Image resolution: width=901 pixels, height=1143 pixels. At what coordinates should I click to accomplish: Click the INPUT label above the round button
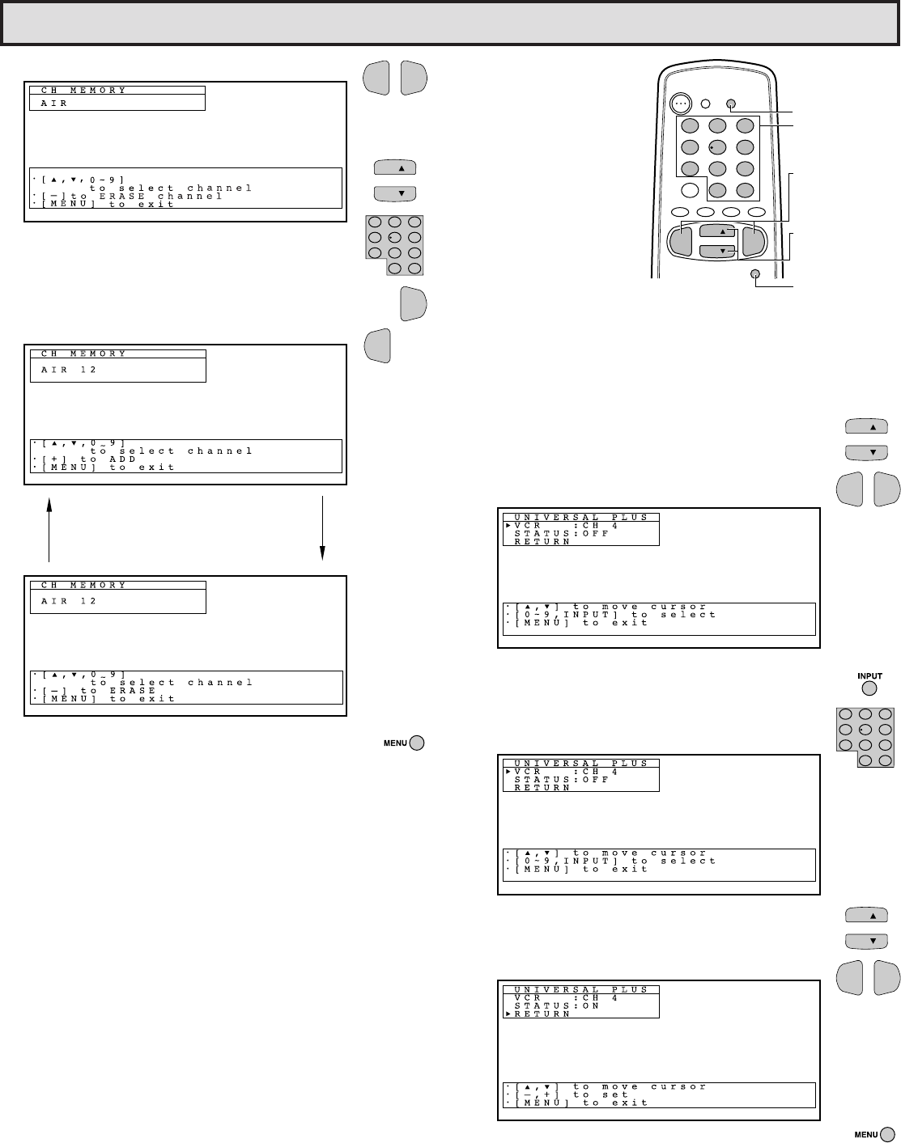(869, 676)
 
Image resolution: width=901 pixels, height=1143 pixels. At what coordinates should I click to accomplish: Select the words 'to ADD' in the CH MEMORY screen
(108, 459)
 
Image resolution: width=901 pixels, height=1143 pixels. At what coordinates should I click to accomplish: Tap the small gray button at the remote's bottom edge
(756, 275)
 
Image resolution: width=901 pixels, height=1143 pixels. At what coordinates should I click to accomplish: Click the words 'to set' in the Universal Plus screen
(601, 1094)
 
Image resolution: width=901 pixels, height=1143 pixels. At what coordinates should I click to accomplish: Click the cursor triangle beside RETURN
(508, 1014)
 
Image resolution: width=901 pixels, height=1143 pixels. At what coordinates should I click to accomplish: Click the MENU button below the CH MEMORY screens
(417, 743)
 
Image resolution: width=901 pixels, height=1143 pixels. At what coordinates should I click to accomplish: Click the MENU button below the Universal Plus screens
(888, 1134)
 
